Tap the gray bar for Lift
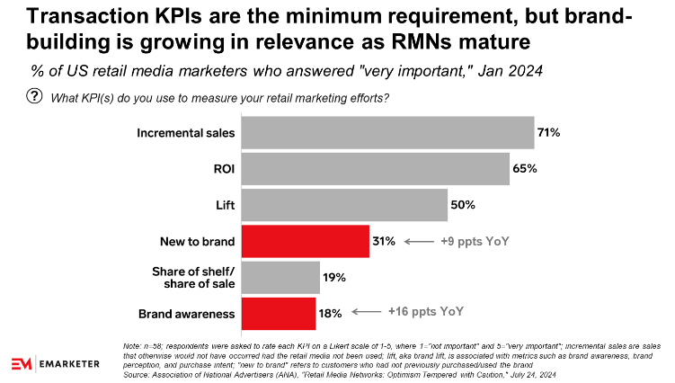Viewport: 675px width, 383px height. [x=333, y=204]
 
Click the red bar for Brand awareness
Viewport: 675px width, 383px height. [x=269, y=312]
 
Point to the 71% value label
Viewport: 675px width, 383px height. [x=549, y=133]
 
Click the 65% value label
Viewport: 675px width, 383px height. [x=524, y=169]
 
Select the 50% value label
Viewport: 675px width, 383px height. [x=462, y=205]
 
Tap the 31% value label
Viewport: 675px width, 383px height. [x=384, y=241]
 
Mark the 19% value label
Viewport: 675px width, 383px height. [x=334, y=277]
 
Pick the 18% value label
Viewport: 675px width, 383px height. [x=331, y=312]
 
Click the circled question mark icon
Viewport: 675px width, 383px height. [x=35, y=97]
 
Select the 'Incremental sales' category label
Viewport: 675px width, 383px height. [x=173, y=133]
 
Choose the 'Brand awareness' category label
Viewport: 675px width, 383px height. [x=174, y=312]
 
